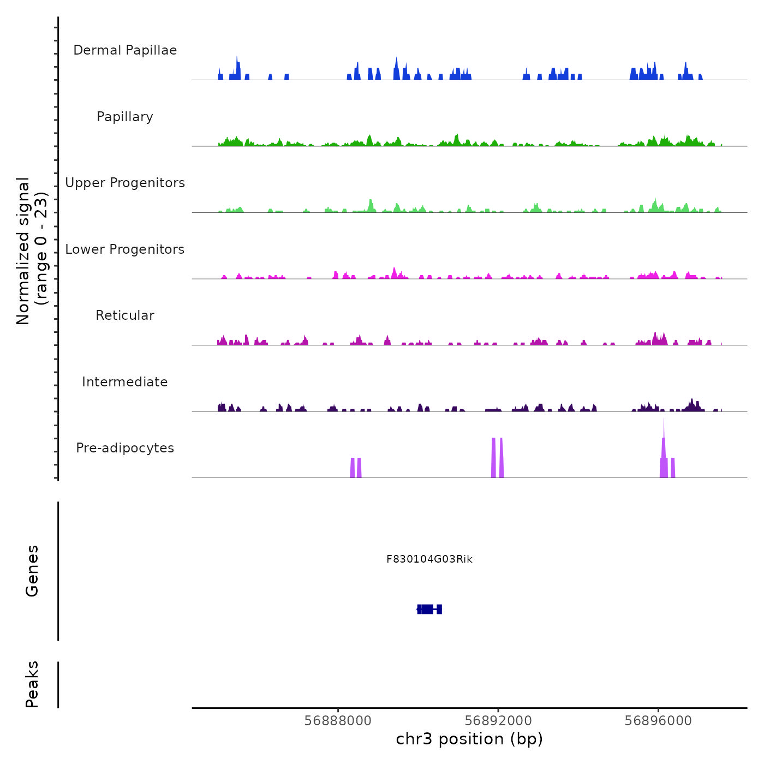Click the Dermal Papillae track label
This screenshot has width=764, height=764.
click(125, 50)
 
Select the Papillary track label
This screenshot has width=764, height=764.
click(125, 117)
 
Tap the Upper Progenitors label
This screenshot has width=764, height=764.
click(125, 183)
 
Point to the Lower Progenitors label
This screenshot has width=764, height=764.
click(125, 249)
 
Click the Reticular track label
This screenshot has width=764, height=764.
click(125, 315)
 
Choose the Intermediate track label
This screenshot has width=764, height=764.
click(125, 382)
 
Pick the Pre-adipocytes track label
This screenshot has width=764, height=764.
click(125, 448)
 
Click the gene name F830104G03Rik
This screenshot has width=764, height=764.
click(429, 559)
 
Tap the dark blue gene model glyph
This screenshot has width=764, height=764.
click(429, 609)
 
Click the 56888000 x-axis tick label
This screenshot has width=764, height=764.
click(338, 721)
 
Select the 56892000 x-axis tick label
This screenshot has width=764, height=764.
click(498, 721)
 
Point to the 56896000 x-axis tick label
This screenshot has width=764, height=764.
click(658, 721)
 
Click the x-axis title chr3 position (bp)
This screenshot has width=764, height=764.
click(469, 739)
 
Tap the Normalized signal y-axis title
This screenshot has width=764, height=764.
click(32, 250)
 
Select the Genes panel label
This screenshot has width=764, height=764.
click(32, 571)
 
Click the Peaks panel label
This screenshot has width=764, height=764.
click(32, 684)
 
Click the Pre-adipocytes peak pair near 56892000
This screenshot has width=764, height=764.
click(497, 458)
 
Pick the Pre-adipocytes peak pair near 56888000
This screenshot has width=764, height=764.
click(356, 468)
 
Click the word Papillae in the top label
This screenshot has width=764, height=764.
click(151, 50)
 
